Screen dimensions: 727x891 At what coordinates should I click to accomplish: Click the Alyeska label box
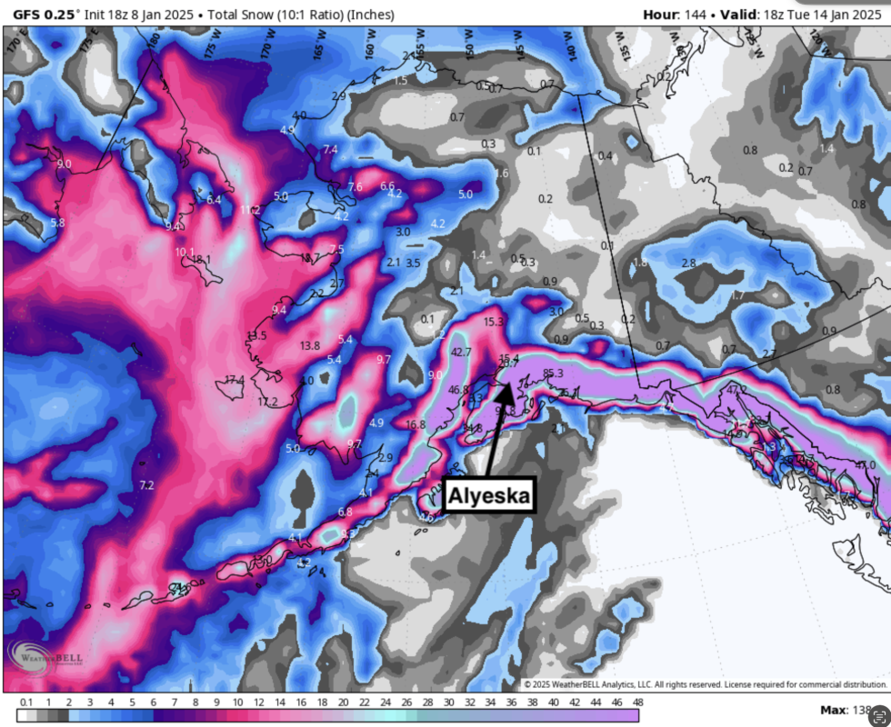point(486,496)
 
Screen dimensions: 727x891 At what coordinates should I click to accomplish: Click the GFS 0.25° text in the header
point(45,15)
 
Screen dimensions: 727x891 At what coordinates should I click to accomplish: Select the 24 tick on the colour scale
point(385,702)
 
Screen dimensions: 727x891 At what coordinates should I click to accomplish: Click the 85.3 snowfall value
point(553,373)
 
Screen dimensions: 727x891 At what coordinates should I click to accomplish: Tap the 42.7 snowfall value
point(461,352)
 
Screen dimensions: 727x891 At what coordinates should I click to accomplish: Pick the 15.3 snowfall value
point(494,322)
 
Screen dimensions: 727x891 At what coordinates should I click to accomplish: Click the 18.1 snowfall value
point(200,260)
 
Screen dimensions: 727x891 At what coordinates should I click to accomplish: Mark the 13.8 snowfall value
point(309,345)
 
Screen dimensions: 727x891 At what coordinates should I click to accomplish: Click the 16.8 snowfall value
point(415,423)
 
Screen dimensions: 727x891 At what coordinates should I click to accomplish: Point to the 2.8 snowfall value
point(688,264)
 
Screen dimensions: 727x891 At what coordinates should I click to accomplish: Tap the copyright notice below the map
point(705,684)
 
